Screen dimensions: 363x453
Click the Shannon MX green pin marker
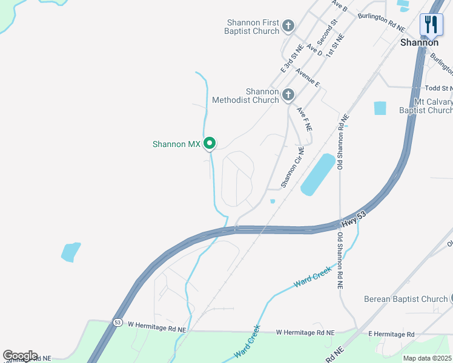[x=210, y=143]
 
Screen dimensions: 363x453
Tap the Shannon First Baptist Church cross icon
[x=288, y=25]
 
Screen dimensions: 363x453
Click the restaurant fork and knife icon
[x=431, y=24]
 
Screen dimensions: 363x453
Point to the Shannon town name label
[x=419, y=43]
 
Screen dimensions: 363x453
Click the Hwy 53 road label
[x=353, y=218]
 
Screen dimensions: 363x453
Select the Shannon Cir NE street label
[x=291, y=167]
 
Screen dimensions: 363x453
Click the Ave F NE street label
[x=304, y=119]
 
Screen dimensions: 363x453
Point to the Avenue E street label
[x=308, y=77]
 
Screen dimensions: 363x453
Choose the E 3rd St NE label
[x=291, y=59]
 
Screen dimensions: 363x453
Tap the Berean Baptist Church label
[x=405, y=299]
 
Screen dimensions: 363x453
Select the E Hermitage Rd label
[x=391, y=335]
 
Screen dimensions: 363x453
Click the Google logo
[x=20, y=356]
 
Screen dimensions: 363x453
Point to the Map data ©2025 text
[x=427, y=358]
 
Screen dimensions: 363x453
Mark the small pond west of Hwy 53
[x=71, y=251]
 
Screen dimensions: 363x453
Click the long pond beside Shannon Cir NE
[x=317, y=174]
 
